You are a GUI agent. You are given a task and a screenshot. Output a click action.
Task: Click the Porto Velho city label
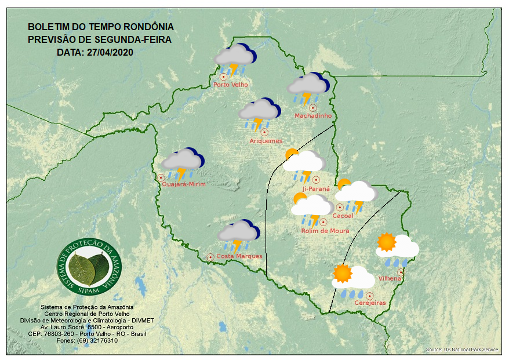click(231, 85)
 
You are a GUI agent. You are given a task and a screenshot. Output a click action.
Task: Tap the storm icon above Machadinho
click(308, 88)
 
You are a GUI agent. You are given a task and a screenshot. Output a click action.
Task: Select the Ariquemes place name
click(266, 141)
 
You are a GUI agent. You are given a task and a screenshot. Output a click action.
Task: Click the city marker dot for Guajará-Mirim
click(161, 177)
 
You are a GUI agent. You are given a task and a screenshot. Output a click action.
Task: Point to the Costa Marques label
click(239, 256)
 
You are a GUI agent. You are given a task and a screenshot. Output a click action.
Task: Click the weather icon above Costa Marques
click(238, 234)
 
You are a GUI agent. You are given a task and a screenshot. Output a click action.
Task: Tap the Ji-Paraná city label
click(316, 189)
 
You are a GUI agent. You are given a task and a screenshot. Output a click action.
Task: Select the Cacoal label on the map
click(343, 216)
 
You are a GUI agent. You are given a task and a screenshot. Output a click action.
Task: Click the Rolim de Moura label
click(325, 231)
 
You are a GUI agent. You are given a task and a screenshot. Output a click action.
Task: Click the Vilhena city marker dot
click(400, 272)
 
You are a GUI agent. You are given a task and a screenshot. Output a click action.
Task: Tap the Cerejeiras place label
click(370, 303)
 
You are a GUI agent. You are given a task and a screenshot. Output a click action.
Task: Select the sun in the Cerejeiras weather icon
click(343, 273)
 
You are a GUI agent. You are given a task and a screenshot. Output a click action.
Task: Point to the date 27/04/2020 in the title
click(110, 52)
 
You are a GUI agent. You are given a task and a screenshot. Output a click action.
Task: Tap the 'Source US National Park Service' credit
click(461, 350)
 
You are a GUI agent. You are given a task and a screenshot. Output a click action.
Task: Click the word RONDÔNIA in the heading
click(147, 27)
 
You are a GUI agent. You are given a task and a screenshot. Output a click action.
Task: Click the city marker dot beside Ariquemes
click(264, 132)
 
